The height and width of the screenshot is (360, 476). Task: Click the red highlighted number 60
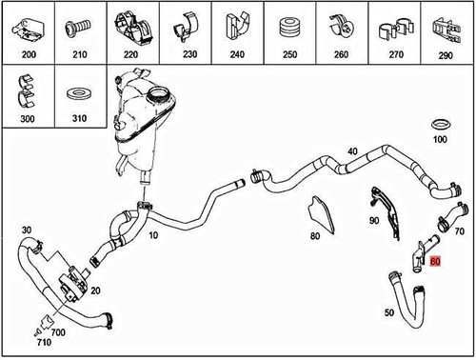click(435, 259)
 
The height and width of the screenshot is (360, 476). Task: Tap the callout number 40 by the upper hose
click(352, 152)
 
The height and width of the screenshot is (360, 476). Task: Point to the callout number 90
click(374, 220)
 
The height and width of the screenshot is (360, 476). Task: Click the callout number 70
click(458, 231)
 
